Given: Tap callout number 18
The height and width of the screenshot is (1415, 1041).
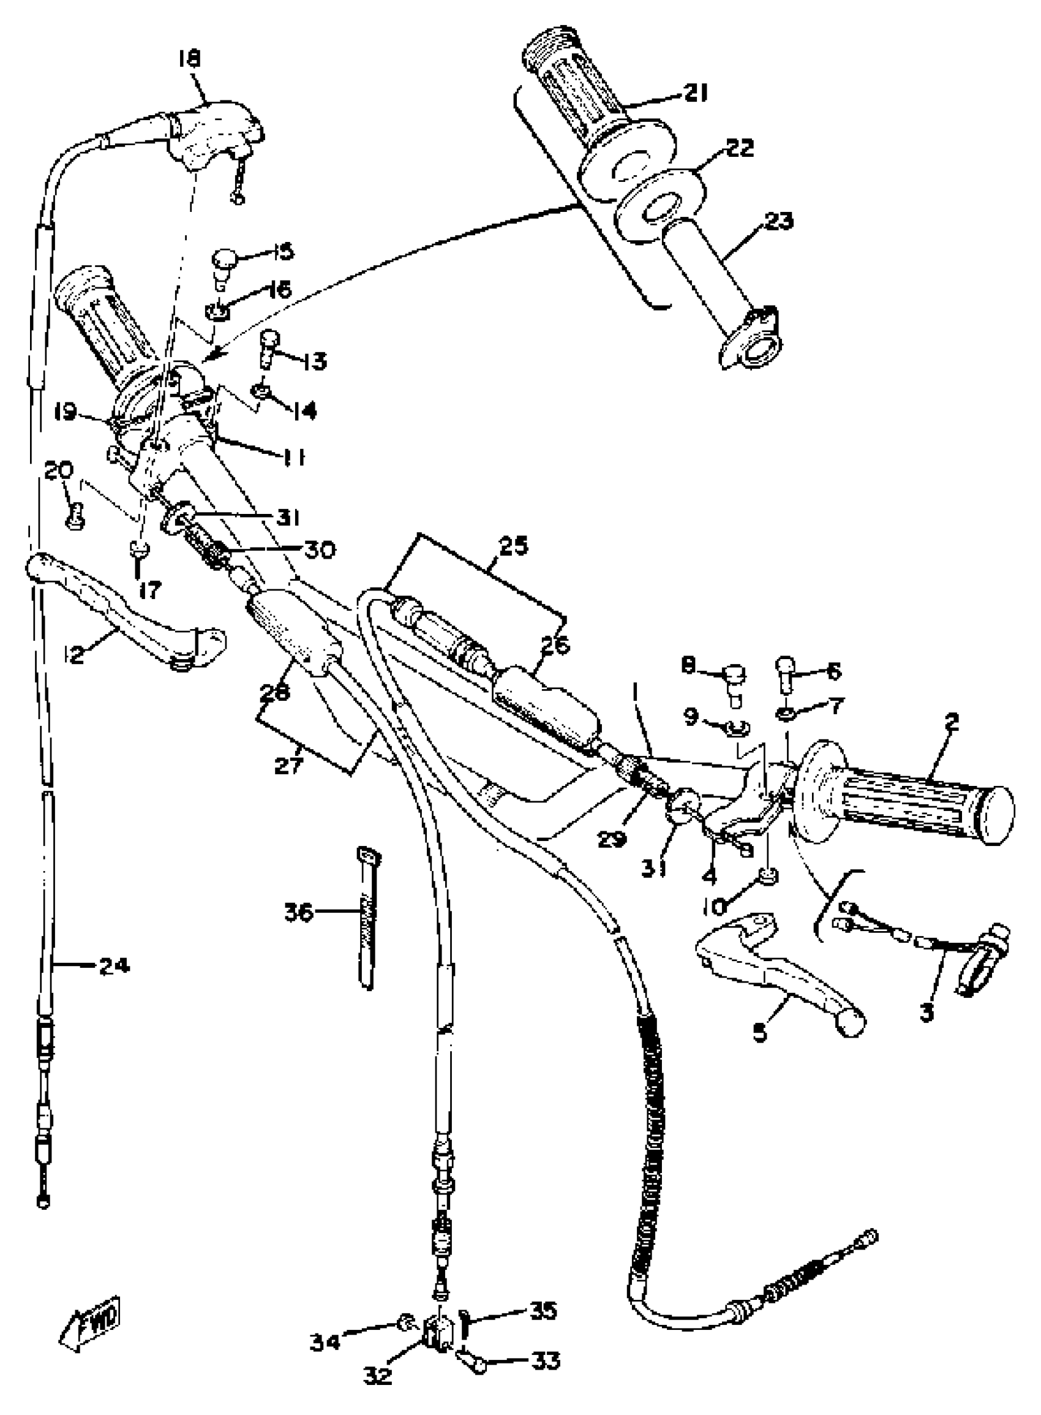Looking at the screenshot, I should click(x=189, y=60).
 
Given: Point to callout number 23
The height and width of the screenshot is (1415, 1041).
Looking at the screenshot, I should click(x=779, y=221).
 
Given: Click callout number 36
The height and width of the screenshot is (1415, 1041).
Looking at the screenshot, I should click(x=299, y=912).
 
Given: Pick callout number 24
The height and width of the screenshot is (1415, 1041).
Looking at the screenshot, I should click(x=114, y=965).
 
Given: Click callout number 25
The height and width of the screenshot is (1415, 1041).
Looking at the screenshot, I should click(x=514, y=546).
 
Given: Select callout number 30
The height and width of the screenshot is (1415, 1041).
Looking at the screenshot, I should click(x=319, y=549).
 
